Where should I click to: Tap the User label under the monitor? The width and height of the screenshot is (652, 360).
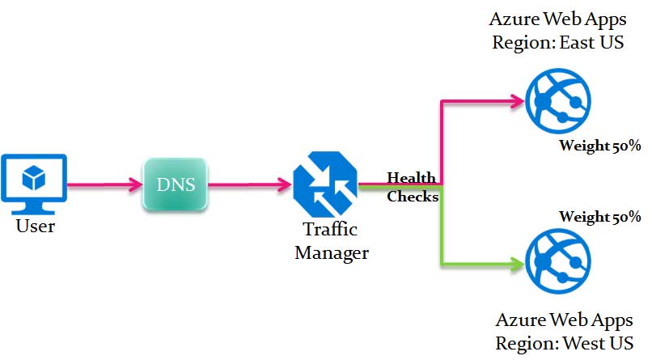coord(36,226)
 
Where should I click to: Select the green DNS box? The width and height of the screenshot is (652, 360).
coord(175,185)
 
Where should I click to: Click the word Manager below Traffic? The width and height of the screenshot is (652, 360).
coord(332,252)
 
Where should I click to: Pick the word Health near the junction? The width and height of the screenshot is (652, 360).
coord(412,178)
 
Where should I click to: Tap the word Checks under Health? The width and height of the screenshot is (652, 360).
coord(413,197)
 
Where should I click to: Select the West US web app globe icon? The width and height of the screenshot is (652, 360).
coord(556,262)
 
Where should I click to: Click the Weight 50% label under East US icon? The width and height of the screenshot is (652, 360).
coord(599,146)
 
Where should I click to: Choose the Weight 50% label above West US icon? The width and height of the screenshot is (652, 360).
coord(599,217)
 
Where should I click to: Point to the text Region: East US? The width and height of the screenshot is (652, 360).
coord(558,42)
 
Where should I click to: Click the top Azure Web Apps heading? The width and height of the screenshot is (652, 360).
coord(558,19)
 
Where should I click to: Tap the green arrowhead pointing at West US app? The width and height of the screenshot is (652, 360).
coord(515,263)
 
